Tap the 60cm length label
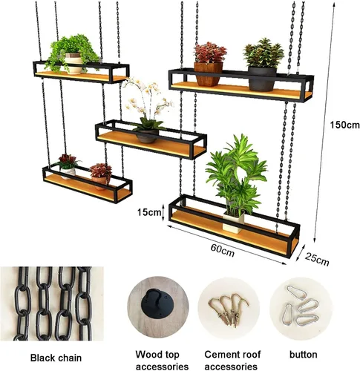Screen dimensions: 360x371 click(x=223, y=250)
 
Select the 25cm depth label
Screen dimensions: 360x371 click(x=317, y=259)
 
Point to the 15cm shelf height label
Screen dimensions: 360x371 click(x=148, y=212)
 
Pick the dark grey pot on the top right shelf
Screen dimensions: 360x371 click(x=262, y=79)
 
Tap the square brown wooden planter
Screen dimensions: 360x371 click(x=208, y=74)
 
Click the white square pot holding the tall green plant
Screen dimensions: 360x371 click(x=233, y=222)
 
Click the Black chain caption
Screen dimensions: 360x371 click(x=56, y=358)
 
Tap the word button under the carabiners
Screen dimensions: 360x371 click(x=304, y=355)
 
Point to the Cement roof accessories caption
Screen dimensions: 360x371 click(x=232, y=360)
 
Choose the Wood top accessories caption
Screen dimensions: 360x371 click(x=162, y=360)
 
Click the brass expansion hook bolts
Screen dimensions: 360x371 click(x=228, y=309)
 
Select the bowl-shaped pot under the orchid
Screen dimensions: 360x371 click(x=147, y=136)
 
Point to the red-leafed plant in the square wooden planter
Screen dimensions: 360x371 click(x=210, y=53)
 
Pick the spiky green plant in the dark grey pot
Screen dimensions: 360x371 click(x=264, y=53)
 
